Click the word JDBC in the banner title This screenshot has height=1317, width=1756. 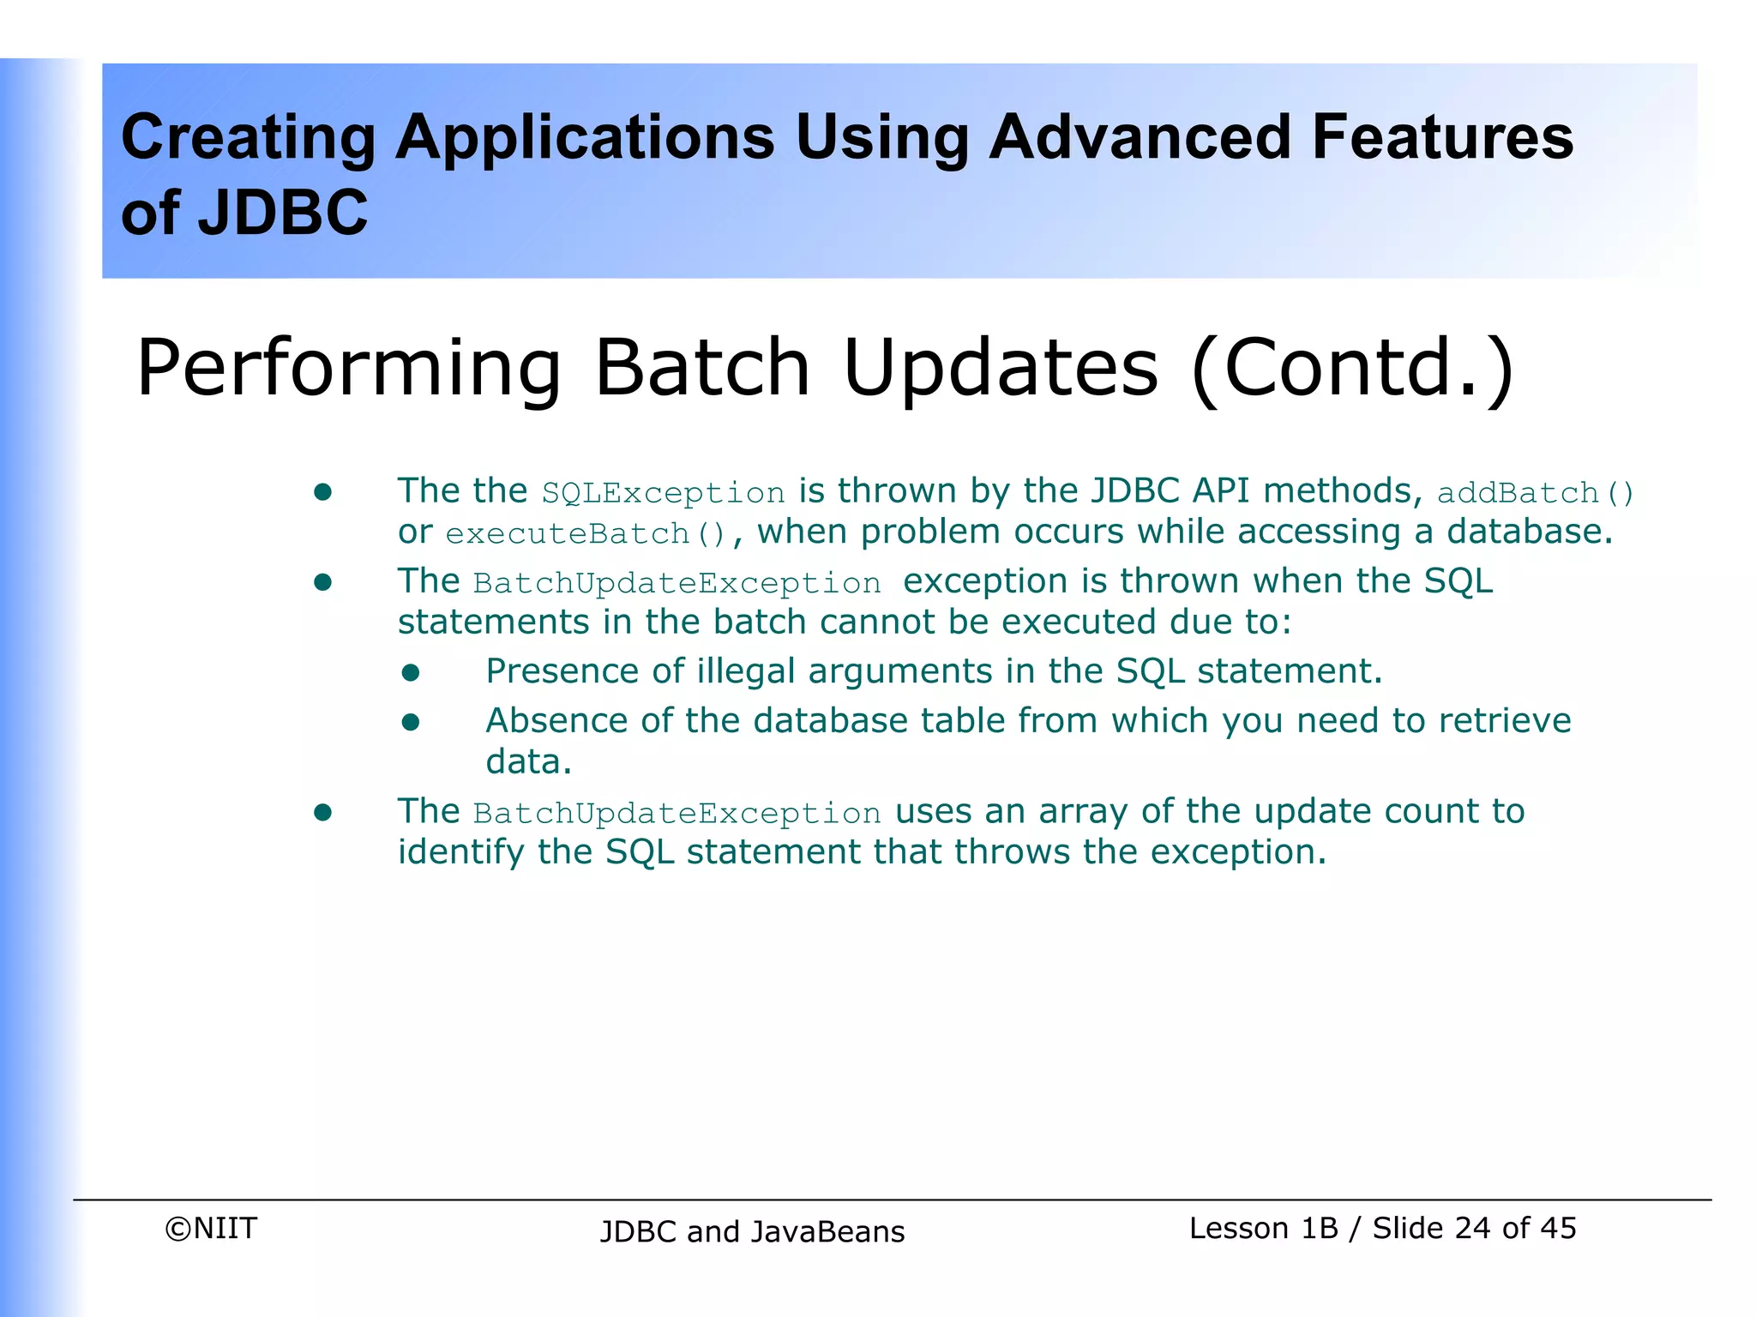click(x=282, y=213)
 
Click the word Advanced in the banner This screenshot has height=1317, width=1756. click(x=1140, y=137)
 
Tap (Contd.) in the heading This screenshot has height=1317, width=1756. click(x=1353, y=369)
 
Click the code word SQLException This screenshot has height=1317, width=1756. click(x=663, y=493)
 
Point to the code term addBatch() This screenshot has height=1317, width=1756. click(x=1536, y=493)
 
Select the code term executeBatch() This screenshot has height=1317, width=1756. click(x=586, y=534)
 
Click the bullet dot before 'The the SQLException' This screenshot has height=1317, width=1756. click(x=322, y=492)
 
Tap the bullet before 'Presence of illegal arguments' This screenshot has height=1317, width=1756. click(x=411, y=673)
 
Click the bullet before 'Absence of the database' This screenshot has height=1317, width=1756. click(x=411, y=723)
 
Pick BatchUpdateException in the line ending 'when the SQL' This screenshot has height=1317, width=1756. click(x=677, y=583)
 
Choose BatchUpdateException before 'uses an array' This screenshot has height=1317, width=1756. click(x=677, y=813)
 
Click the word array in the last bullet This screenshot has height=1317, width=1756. click(x=1083, y=812)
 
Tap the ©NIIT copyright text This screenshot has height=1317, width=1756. click(x=211, y=1228)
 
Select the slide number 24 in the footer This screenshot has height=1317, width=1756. click(x=1473, y=1228)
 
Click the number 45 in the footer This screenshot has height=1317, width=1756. click(x=1558, y=1228)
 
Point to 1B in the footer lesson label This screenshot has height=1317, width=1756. click(x=1319, y=1228)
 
